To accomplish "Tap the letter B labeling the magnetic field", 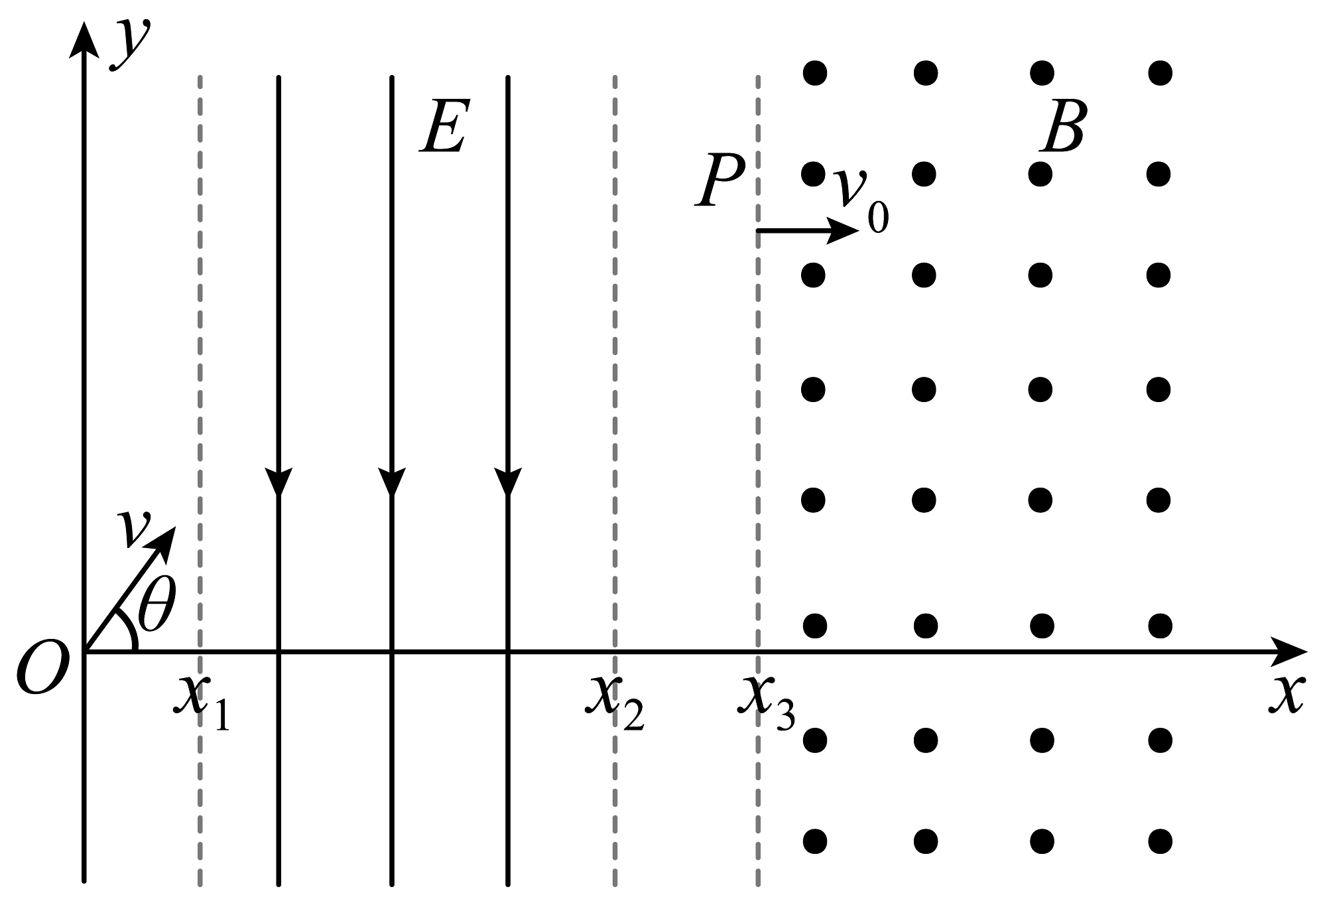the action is [x=1062, y=127].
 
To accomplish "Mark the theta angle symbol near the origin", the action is [x=157, y=604].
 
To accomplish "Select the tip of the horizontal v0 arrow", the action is [x=859, y=231].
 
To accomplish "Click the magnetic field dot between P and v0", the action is [x=813, y=174].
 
